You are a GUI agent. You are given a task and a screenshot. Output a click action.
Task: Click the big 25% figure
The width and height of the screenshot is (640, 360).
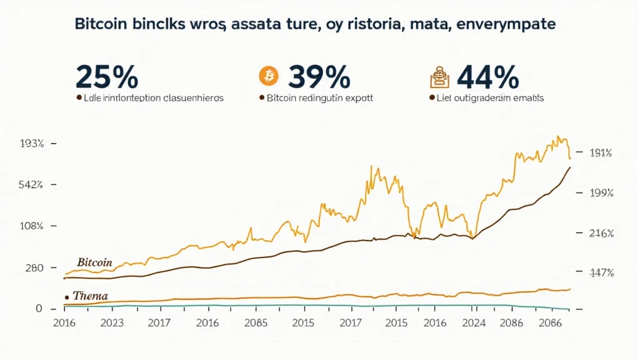tap(106, 76)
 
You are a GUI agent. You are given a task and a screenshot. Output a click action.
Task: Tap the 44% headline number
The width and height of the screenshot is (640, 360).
tap(488, 76)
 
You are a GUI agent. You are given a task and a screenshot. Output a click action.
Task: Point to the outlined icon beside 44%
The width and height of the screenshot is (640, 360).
tap(439, 77)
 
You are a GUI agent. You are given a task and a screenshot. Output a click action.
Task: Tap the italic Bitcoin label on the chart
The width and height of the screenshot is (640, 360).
tap(94, 262)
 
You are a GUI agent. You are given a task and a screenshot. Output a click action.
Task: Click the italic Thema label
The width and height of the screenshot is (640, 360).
tap(90, 296)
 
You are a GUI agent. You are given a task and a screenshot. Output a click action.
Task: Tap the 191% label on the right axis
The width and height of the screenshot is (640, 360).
tap(601, 152)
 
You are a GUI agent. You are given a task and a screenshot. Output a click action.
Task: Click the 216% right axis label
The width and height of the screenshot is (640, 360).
tap(602, 233)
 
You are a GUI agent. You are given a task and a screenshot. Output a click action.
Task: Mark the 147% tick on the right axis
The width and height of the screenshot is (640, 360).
tap(602, 272)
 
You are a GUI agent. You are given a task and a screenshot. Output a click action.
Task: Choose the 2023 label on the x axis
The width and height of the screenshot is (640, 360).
tap(112, 324)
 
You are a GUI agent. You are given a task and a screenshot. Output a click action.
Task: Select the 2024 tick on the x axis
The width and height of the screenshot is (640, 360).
tap(475, 324)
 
